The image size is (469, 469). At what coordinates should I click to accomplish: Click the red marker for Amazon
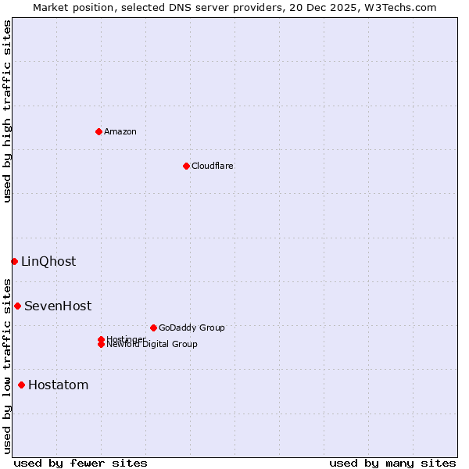coord(98,131)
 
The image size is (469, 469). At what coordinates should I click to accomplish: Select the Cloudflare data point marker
coord(186,166)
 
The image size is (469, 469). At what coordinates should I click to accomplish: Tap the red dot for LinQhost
coord(14,261)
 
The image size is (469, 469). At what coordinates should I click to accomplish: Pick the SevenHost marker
coord(17,306)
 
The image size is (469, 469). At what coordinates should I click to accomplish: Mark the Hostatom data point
coord(21,385)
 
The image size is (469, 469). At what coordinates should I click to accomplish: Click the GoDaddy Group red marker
coord(153,328)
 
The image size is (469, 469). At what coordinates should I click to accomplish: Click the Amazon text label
coord(120,131)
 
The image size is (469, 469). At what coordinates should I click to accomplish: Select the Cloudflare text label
coord(212,166)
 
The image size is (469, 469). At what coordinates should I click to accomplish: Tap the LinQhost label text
coord(48,261)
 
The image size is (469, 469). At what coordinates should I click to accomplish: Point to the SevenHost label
coord(58,306)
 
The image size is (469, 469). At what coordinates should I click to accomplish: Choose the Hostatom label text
coord(59,385)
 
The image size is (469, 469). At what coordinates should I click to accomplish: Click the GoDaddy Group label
coord(192,328)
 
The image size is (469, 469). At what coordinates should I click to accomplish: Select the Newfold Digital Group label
coord(152,345)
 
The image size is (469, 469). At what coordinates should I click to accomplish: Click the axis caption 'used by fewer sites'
coord(81,463)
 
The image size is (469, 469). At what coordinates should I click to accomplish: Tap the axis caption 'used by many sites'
coord(392,463)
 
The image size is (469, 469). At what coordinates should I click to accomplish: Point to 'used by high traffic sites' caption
coord(8,111)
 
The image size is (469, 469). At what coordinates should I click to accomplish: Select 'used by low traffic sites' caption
coord(8,365)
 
